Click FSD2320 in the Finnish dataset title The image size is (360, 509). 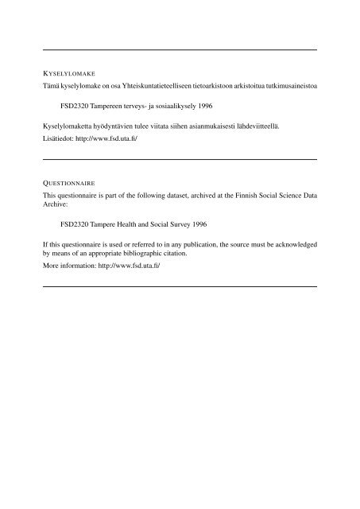[75, 105]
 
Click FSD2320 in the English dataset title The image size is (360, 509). [75, 224]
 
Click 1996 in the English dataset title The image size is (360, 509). [193, 224]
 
